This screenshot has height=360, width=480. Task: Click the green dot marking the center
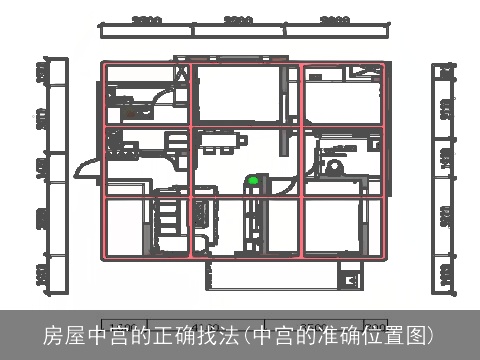(x=253, y=181)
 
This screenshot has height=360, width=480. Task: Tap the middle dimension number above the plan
(x=238, y=20)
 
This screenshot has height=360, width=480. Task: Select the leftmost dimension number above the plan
(x=147, y=20)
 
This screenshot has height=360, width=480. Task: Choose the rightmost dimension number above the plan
(x=334, y=20)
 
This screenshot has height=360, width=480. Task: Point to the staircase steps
(x=168, y=215)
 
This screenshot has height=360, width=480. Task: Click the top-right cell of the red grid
(x=342, y=95)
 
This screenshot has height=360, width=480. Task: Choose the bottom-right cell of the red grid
(x=342, y=228)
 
